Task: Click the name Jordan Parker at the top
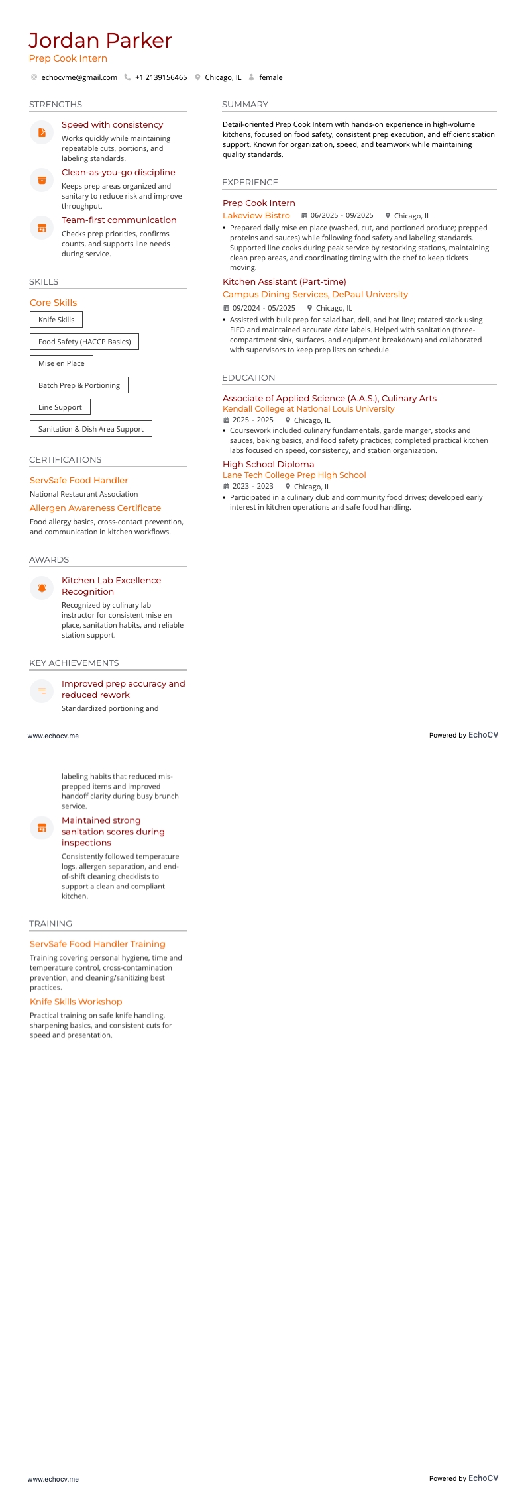coord(100,41)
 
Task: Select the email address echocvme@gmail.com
coord(79,77)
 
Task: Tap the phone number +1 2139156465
coord(161,77)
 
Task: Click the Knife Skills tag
coord(56,320)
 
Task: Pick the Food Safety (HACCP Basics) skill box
coord(84,342)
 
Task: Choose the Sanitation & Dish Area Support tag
coord(91,429)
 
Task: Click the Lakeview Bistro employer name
coord(256,216)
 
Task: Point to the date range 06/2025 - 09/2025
coord(342,216)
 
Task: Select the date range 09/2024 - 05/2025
coord(264,308)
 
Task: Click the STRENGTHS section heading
coord(56,105)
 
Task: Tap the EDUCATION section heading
coord(248,378)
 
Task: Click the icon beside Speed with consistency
coord(42,132)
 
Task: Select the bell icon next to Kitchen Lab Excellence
coord(42,588)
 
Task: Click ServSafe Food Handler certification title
coord(79,481)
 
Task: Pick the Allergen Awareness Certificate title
coord(95,508)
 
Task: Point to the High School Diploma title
coord(268,465)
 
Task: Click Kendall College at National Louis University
coord(308,409)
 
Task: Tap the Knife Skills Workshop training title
coord(76,1002)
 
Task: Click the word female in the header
coord(270,77)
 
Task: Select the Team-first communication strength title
coord(119,220)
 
